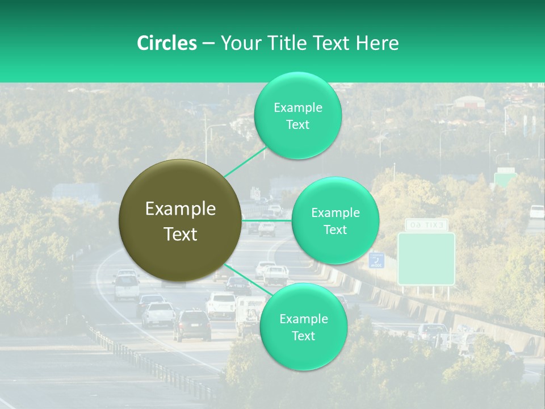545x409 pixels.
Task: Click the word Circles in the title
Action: coord(166,43)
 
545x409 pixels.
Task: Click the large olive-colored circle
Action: coord(180,220)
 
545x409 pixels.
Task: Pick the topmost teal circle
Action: coord(297,115)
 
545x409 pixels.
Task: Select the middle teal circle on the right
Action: coord(335,220)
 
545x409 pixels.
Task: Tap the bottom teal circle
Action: coord(303,327)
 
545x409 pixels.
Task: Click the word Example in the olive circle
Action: coord(181,209)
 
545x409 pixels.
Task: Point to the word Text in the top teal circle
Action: coord(297,125)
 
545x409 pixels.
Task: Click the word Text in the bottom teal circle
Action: coord(303,336)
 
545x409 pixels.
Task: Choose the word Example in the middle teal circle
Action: coord(335,212)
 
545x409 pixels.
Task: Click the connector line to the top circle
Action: coord(245,162)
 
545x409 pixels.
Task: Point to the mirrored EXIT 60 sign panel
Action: coord(426,225)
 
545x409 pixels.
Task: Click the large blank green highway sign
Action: coord(426,258)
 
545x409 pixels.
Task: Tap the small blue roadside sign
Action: coord(376,260)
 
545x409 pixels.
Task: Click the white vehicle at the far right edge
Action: coord(536,211)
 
